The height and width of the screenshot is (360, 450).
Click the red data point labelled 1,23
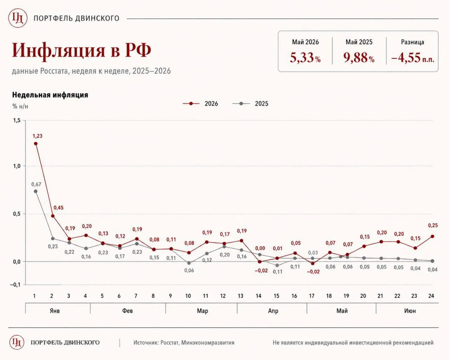[36, 143]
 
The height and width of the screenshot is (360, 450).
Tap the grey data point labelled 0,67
[36, 191]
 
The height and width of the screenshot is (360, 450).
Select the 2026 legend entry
[200, 104]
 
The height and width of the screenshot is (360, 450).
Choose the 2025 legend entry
[250, 104]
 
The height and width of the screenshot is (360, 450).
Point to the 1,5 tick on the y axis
[17, 120]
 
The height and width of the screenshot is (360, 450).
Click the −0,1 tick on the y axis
[15, 285]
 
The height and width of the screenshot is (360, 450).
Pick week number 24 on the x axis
[431, 296]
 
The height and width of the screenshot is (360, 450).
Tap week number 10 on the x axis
[188, 296]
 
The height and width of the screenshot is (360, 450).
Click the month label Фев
[127, 311]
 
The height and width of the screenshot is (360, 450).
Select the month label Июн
[410, 311]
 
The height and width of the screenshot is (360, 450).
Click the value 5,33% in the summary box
[305, 58]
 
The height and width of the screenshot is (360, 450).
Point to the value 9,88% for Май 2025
[359, 58]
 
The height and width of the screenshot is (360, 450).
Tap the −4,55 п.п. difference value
[413, 58]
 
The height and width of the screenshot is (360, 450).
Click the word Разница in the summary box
[413, 42]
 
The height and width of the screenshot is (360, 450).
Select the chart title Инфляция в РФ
[81, 50]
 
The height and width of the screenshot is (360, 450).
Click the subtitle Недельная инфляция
[50, 95]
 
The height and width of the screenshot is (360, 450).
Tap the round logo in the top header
[18, 18]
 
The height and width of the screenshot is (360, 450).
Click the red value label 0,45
[59, 207]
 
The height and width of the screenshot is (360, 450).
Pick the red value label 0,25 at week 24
[433, 225]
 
